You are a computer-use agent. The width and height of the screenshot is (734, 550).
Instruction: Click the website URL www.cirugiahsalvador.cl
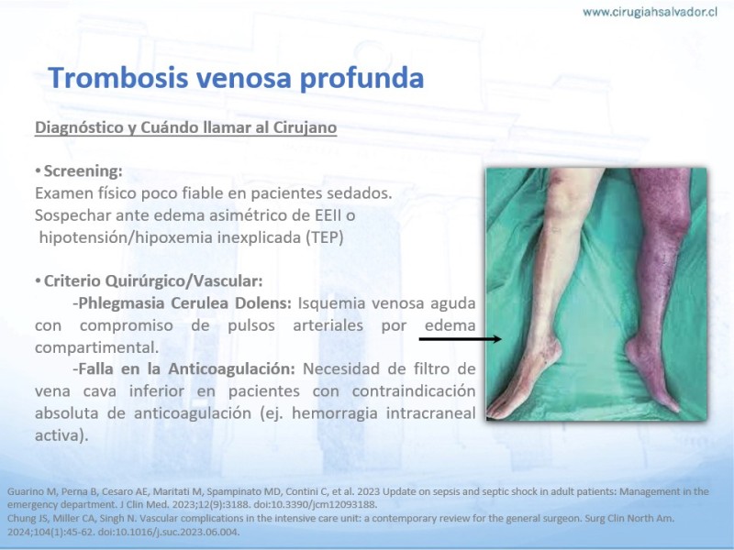coord(650,12)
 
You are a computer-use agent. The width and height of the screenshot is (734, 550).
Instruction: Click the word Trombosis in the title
coord(117,77)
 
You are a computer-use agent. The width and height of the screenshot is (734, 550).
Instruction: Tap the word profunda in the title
coord(361,78)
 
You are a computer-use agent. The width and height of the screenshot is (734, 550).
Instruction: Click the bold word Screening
coord(83,171)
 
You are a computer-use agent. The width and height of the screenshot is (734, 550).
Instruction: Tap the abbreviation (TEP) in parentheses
coord(325,237)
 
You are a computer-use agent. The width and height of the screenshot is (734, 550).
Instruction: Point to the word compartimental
coord(96,348)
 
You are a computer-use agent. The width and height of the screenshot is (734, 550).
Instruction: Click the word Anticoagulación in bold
coord(232,369)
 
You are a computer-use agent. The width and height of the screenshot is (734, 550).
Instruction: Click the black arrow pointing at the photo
coord(461,338)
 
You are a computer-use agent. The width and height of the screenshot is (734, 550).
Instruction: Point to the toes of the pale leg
coord(500,411)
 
